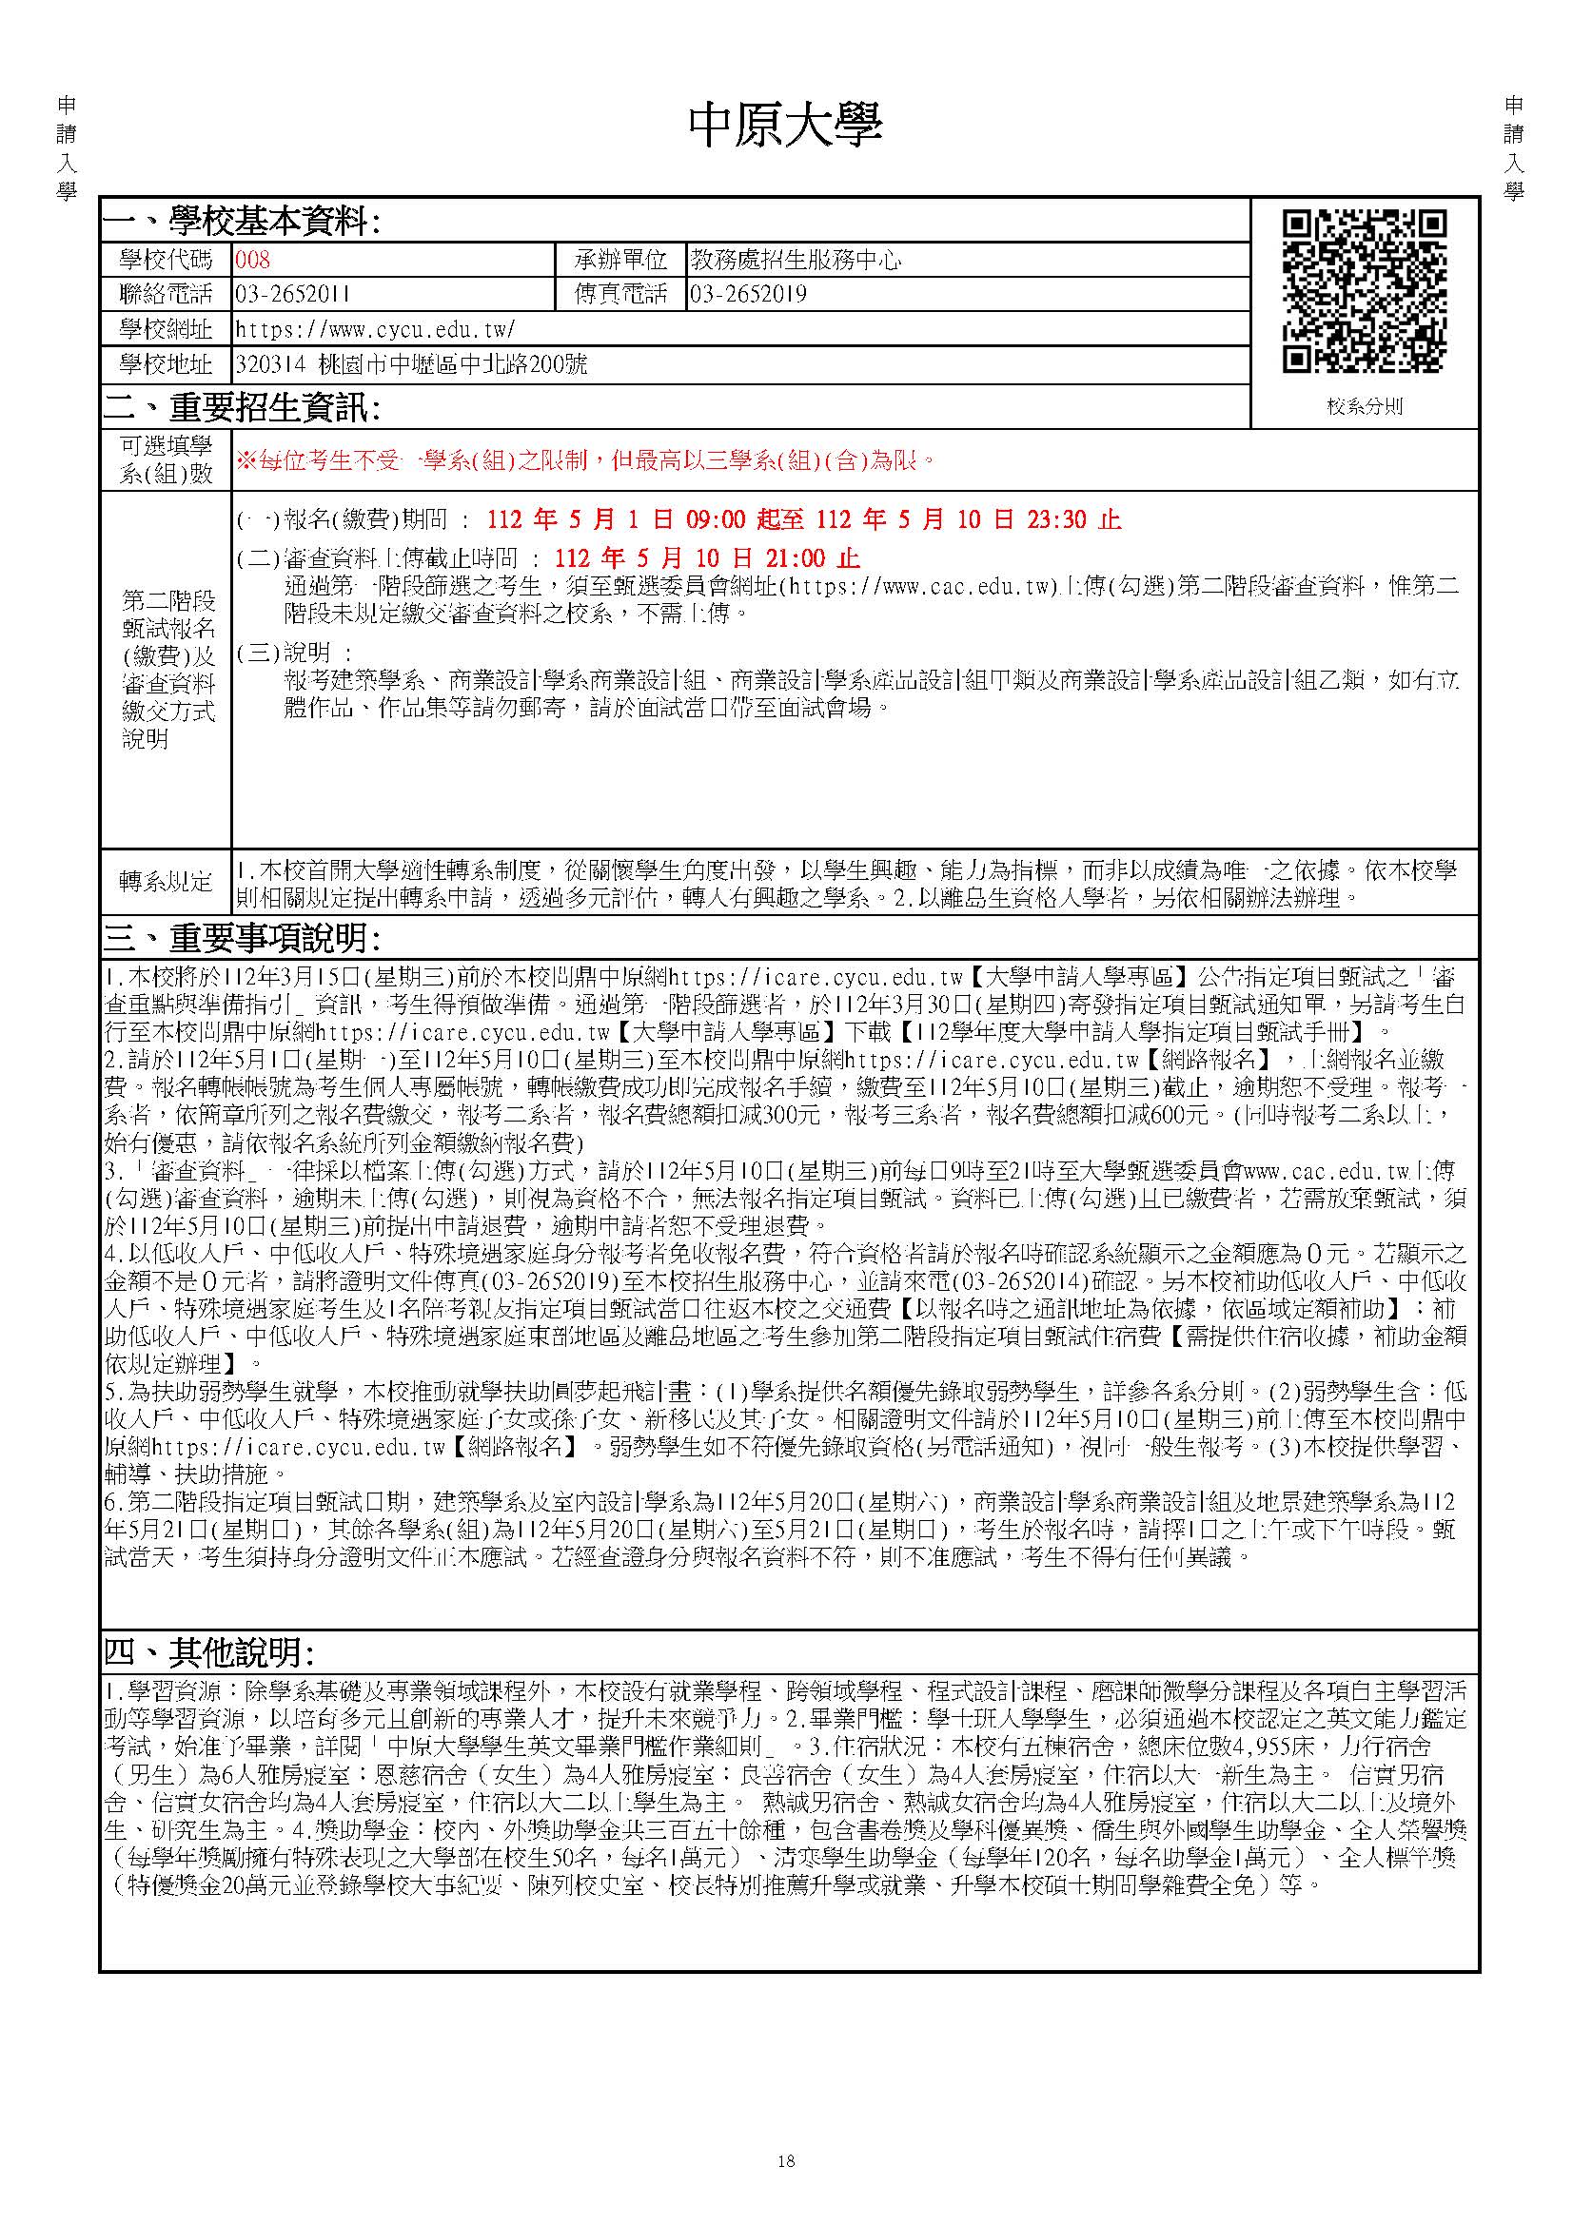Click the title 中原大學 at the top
click(x=785, y=126)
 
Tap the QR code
click(x=1364, y=291)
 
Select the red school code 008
click(x=252, y=260)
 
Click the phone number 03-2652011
click(x=293, y=295)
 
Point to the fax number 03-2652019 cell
click(x=748, y=295)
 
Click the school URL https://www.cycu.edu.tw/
click(x=375, y=329)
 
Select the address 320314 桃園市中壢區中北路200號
click(x=411, y=365)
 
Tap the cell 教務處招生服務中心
click(x=795, y=260)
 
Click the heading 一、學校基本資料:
click(x=242, y=223)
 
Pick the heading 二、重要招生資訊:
click(x=242, y=409)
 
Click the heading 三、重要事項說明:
click(x=242, y=938)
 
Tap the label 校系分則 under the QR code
click(x=1365, y=407)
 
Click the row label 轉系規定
click(x=166, y=882)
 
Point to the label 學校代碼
click(x=166, y=260)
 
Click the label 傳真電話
click(x=621, y=295)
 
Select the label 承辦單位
click(x=621, y=260)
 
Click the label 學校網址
click(x=166, y=329)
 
